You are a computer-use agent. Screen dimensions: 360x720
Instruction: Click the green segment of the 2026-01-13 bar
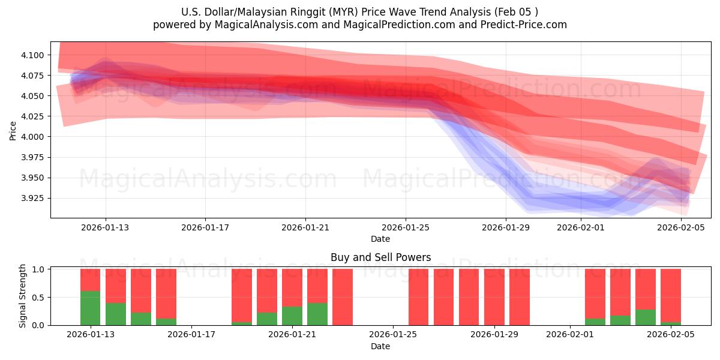coord(90,308)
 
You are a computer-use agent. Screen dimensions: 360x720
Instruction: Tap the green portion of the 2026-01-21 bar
coord(292,316)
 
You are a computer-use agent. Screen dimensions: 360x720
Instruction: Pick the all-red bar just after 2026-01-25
coord(418,297)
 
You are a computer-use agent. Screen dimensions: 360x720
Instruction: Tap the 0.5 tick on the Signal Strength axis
coord(38,298)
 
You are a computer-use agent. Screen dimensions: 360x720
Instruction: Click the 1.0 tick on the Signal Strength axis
coord(38,269)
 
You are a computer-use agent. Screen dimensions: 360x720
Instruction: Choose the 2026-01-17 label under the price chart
coord(205,227)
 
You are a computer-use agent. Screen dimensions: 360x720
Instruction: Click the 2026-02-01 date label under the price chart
coord(581,227)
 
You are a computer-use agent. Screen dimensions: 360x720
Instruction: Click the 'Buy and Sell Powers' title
coord(380,257)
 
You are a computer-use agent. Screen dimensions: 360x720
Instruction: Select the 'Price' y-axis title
coord(13,130)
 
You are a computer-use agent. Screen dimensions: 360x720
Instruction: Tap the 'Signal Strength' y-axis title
coord(23,296)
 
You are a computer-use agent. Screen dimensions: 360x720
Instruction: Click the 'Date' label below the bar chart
coord(380,346)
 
